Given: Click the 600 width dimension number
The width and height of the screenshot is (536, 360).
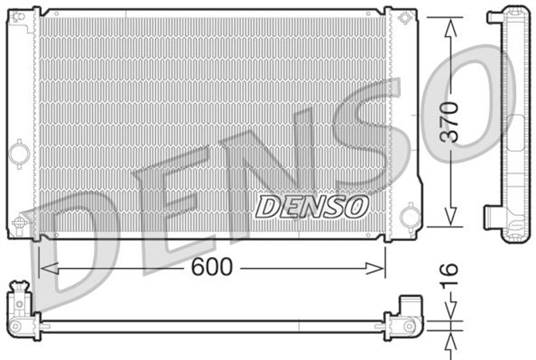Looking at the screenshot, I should (212, 268).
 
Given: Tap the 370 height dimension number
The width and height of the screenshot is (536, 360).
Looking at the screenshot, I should (451, 123).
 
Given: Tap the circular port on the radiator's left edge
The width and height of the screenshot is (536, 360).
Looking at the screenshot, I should (17, 154).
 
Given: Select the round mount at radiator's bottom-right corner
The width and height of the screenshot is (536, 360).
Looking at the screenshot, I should (409, 218).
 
